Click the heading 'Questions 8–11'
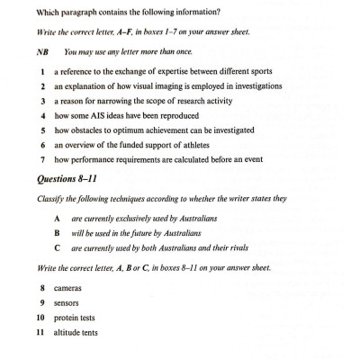67,178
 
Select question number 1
43,71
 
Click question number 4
43,116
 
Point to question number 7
43,159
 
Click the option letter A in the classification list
57,219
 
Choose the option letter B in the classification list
57,232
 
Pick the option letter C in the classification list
57,247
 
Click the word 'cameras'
67,288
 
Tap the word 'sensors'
67,303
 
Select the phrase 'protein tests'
74,319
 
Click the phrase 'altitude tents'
76,333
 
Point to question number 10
40,319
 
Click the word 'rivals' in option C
235,247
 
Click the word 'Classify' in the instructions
52,197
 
